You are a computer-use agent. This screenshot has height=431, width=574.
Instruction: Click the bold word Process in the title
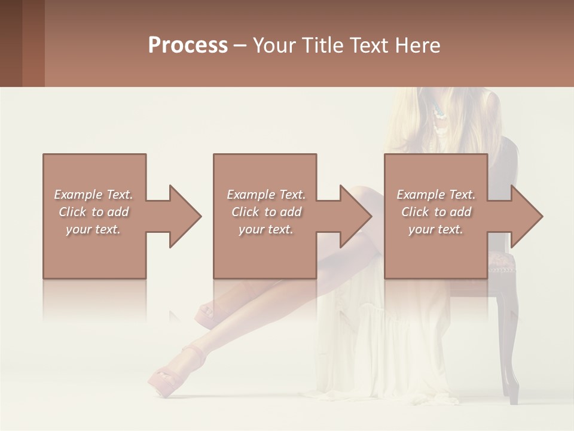[188, 45]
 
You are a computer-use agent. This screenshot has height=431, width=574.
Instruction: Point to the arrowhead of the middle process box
[355, 216]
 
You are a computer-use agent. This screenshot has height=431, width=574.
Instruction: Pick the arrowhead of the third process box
[526, 216]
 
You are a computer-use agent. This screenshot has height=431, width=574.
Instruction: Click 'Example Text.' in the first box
[93, 195]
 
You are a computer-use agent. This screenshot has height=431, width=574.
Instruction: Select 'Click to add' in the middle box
[266, 212]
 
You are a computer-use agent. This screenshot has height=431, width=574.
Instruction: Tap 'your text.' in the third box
[436, 229]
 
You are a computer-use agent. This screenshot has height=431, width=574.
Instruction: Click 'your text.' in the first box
[93, 229]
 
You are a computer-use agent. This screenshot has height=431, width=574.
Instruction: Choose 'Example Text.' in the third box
[436, 195]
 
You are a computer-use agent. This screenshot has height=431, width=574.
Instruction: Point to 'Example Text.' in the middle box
[266, 195]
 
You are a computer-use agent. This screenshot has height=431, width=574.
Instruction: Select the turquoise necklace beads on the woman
[438, 111]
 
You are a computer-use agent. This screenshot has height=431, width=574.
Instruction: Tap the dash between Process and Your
[240, 46]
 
